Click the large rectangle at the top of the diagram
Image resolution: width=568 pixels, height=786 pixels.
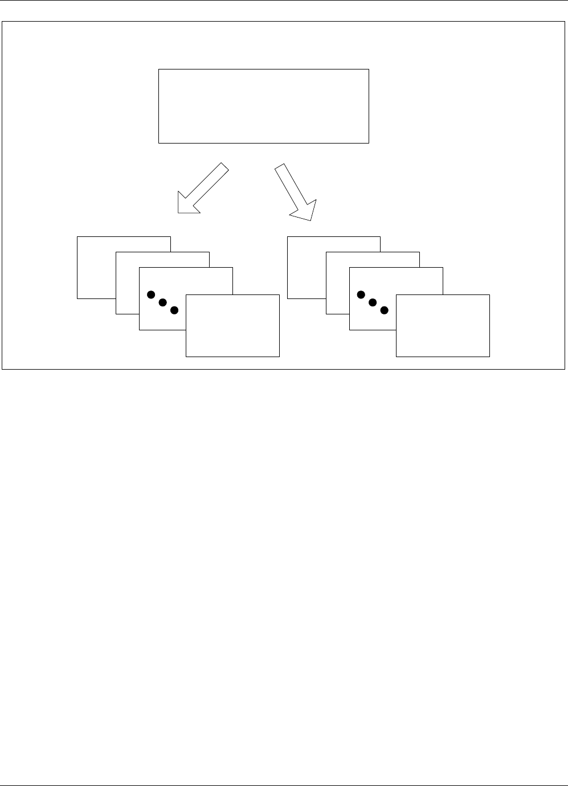pos(263,106)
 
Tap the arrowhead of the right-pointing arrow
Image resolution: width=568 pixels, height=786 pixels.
pos(304,210)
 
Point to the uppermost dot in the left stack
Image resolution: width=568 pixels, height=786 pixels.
pos(151,294)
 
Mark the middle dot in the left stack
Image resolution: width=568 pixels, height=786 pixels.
pos(162,302)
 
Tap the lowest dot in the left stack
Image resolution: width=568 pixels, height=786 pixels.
pos(174,310)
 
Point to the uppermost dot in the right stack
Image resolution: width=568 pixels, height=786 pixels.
pos(361,294)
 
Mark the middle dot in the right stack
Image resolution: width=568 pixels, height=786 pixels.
pos(373,302)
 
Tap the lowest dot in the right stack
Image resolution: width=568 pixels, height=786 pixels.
pos(385,310)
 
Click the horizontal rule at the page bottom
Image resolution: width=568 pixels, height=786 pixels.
pos(284,785)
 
